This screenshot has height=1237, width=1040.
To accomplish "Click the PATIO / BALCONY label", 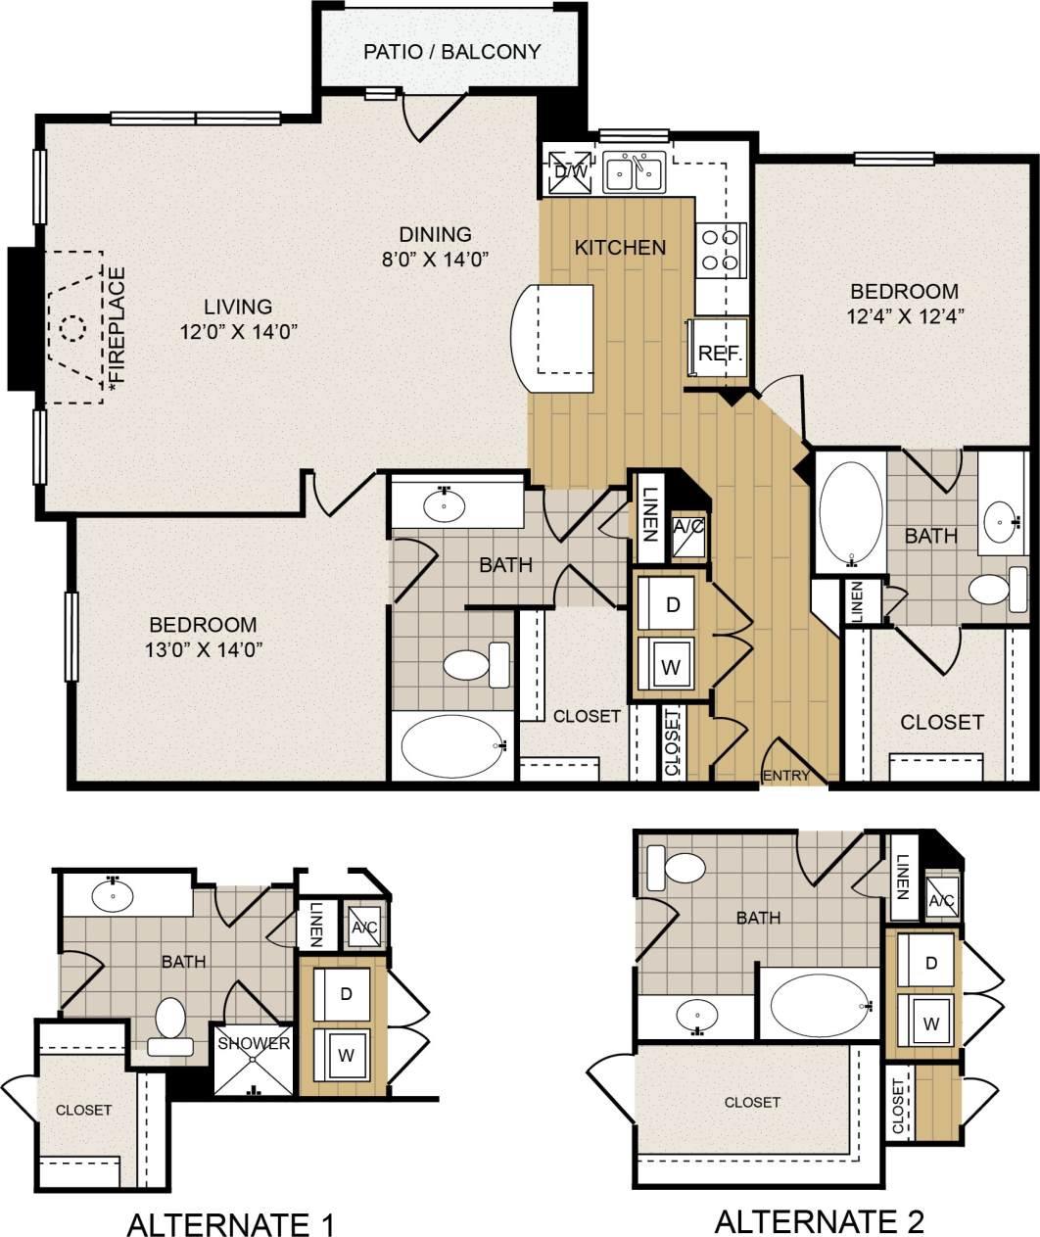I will point(451,52).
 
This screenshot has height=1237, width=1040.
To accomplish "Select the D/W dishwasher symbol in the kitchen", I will point(570,170).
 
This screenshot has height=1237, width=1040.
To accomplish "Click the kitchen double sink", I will point(635,172).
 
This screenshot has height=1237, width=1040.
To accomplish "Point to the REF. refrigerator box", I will point(719,353).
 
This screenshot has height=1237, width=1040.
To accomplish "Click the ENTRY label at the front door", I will point(786,776).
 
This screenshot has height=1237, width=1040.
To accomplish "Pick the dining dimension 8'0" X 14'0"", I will point(435,259).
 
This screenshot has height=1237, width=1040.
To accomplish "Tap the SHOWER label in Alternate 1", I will point(254,1043).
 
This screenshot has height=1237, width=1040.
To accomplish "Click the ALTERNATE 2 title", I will point(819,1220).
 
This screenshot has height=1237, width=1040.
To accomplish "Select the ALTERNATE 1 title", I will point(231,1224).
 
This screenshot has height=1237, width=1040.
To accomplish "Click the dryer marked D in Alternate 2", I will point(930,964).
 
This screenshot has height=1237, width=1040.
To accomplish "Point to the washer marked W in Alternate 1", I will point(345,1056).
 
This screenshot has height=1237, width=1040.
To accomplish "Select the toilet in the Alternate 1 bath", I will point(170,1021).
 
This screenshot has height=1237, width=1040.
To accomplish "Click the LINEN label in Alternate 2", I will point(902,877).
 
